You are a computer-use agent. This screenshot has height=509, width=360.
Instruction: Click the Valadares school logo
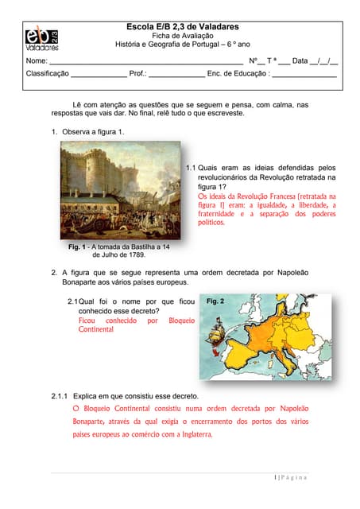(x=41, y=37)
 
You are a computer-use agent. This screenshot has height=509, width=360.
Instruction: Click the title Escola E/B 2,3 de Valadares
(x=182, y=26)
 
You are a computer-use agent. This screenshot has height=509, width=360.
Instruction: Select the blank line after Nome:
(x=146, y=61)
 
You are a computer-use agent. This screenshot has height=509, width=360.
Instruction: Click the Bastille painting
(x=121, y=191)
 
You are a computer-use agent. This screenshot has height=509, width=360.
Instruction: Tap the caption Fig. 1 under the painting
(x=78, y=247)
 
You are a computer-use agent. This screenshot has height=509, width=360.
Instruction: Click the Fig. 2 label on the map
(x=215, y=301)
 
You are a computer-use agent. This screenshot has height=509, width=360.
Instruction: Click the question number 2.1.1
(x=60, y=395)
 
